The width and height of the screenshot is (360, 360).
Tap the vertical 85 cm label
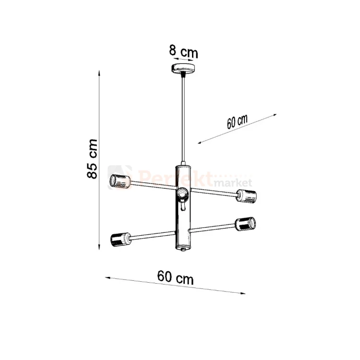pyautogui.click(x=93, y=159)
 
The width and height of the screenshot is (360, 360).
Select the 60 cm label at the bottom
pyautogui.click(x=175, y=277)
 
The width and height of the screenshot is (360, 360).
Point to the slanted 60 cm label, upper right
pyautogui.click(x=237, y=122)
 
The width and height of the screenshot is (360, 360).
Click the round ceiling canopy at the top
pyautogui.click(x=184, y=68)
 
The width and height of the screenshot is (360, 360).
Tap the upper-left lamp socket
pyautogui.click(x=120, y=181)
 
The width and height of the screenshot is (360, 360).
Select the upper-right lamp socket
pyautogui.click(x=246, y=195)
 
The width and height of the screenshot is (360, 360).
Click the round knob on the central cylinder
pyautogui.click(x=182, y=193)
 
